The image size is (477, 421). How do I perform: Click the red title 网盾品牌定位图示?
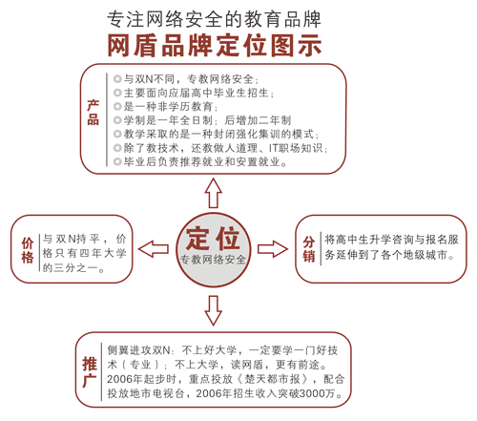(x=215, y=46)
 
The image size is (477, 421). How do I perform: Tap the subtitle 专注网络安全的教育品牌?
(x=214, y=19)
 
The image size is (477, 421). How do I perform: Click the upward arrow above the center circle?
(x=213, y=193)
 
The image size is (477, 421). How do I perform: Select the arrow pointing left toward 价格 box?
(x=154, y=249)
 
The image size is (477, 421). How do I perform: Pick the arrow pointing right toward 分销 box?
(x=273, y=249)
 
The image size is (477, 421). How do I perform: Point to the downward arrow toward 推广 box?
(x=213, y=310)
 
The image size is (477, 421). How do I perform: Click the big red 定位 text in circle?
(x=213, y=239)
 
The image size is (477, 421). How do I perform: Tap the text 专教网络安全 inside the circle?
(x=213, y=260)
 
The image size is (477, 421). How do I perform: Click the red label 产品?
(x=93, y=113)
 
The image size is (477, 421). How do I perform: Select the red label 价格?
(x=28, y=250)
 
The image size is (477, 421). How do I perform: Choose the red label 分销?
(x=309, y=249)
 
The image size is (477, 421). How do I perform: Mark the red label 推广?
(x=90, y=371)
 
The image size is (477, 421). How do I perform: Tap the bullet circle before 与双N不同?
(x=117, y=78)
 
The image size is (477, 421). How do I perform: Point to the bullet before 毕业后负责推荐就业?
(x=117, y=162)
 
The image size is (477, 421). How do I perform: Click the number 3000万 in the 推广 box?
(x=318, y=393)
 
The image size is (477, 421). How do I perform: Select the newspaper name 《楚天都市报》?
(x=272, y=379)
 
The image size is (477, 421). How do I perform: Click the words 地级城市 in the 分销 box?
(x=425, y=255)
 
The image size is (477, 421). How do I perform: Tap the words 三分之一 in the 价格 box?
(x=75, y=268)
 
